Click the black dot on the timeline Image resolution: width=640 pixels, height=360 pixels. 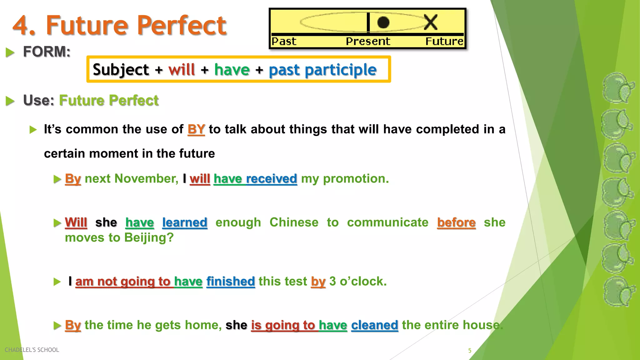(x=383, y=22)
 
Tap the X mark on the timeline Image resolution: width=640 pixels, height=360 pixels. (x=431, y=22)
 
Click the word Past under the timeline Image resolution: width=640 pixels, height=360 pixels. (x=284, y=41)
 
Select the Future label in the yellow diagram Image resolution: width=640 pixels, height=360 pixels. (x=444, y=41)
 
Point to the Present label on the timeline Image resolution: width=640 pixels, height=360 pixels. (x=368, y=41)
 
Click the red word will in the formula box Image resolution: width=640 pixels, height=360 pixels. (x=182, y=69)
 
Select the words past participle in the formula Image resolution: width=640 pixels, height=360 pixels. (x=322, y=69)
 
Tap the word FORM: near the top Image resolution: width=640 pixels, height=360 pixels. (x=47, y=52)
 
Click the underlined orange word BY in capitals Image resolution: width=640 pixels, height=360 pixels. (x=196, y=129)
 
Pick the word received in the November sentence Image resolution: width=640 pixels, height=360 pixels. (x=271, y=178)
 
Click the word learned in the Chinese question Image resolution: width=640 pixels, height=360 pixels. (x=185, y=222)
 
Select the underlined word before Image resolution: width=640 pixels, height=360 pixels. (x=456, y=222)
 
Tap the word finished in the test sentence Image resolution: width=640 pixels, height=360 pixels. (x=231, y=281)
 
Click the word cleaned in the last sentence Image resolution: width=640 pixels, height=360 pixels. (x=374, y=325)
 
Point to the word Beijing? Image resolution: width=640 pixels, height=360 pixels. (x=149, y=237)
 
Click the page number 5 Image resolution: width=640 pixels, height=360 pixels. (x=469, y=351)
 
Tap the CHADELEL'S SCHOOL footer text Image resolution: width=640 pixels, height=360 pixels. (x=32, y=350)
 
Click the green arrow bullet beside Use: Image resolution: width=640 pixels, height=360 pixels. (x=10, y=101)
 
